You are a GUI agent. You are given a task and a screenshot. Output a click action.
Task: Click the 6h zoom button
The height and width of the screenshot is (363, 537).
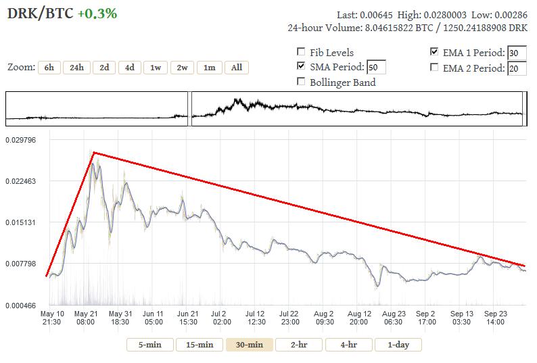click(x=49, y=68)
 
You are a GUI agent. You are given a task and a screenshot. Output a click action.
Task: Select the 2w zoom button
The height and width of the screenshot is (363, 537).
click(x=183, y=68)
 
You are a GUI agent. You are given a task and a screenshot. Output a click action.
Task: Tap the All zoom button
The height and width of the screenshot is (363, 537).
click(x=236, y=68)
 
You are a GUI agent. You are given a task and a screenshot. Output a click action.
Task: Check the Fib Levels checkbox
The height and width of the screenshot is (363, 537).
click(x=301, y=52)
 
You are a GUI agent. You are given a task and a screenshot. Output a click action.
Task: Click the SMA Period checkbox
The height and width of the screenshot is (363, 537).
click(x=301, y=66)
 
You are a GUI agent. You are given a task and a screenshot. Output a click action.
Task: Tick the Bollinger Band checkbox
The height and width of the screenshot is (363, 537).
click(x=301, y=82)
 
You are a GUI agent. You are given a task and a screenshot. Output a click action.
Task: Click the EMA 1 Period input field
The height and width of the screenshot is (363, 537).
click(x=517, y=53)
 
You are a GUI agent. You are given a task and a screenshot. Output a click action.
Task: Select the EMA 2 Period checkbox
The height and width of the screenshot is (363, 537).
click(x=434, y=68)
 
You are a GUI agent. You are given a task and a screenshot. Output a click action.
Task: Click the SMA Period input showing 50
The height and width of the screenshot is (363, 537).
click(x=376, y=68)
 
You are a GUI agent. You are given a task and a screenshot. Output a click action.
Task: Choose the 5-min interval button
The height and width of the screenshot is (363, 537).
click(x=150, y=345)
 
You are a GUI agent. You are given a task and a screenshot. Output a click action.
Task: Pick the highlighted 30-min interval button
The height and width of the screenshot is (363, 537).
click(x=249, y=345)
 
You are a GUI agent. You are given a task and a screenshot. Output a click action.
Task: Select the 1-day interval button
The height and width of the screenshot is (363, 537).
click(x=398, y=345)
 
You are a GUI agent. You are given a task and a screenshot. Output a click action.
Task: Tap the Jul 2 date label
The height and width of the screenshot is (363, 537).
click(x=218, y=318)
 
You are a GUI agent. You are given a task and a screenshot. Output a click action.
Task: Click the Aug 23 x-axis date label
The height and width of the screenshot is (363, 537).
click(x=393, y=318)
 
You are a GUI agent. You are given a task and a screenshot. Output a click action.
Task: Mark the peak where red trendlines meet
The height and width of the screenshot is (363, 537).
click(x=93, y=153)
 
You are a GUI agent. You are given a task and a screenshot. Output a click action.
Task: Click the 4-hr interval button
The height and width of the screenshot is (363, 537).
click(x=349, y=345)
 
